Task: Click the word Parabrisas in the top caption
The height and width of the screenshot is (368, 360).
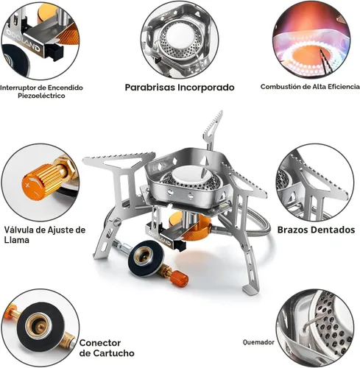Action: click(150, 88)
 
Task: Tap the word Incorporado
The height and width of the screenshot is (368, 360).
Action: click(206, 88)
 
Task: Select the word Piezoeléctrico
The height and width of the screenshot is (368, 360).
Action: click(41, 96)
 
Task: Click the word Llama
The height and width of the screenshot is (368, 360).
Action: click(16, 240)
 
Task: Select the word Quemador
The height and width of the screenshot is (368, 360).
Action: click(258, 342)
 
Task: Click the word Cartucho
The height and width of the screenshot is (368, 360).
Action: click(114, 353)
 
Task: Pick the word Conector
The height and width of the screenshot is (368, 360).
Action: click(100, 343)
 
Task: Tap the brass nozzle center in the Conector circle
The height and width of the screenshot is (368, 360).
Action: click(39, 325)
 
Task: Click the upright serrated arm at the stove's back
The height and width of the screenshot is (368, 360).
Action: click(212, 130)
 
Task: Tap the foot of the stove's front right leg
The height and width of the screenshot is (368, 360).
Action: click(250, 289)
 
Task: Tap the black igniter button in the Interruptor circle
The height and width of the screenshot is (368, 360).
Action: click(54, 53)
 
